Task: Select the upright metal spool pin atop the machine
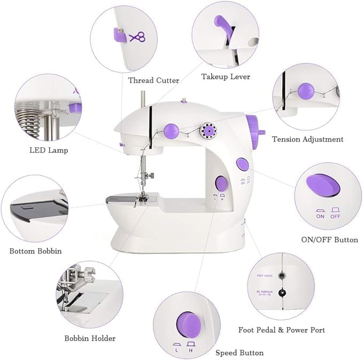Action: click(143, 99)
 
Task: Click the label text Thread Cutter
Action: click(153, 80)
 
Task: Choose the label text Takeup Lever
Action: click(226, 76)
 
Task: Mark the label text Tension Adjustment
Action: click(307, 139)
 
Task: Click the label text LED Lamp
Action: click(49, 150)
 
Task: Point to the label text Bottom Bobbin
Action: click(35, 251)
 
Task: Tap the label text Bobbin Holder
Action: click(90, 338)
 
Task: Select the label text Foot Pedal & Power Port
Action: click(281, 330)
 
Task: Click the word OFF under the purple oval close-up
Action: click(335, 216)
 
